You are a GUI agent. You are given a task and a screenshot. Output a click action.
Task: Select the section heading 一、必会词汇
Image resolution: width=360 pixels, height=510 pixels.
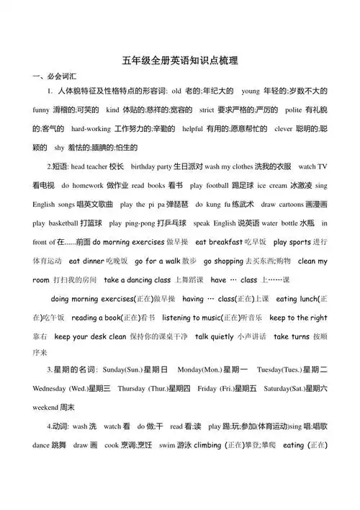click(x=48, y=76)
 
